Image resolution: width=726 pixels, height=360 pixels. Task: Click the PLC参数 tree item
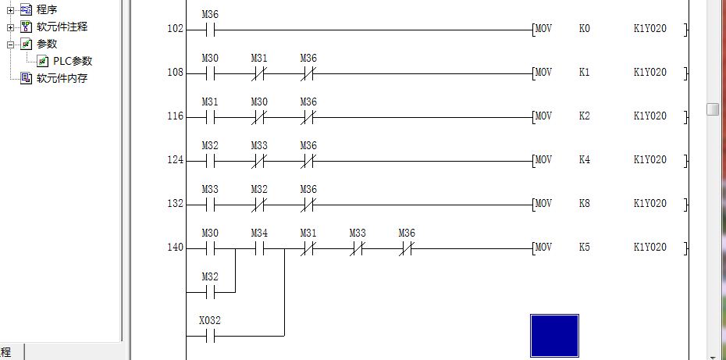(72, 61)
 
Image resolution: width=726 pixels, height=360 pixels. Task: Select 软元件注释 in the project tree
(62, 27)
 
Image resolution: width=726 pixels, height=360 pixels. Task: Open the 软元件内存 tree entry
(62, 78)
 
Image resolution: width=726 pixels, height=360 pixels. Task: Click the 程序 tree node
(47, 9)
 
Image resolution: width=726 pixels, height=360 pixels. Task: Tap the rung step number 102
(175, 29)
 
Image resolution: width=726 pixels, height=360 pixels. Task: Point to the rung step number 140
(175, 248)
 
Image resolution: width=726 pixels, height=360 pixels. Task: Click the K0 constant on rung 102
(585, 29)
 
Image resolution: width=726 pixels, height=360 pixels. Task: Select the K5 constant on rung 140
(585, 248)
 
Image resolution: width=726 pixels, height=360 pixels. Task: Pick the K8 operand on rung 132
(585, 204)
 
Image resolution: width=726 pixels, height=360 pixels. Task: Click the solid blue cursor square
(554, 336)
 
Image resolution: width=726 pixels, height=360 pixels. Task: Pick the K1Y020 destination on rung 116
(649, 116)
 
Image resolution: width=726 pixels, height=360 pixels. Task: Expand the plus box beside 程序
(11, 9)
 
